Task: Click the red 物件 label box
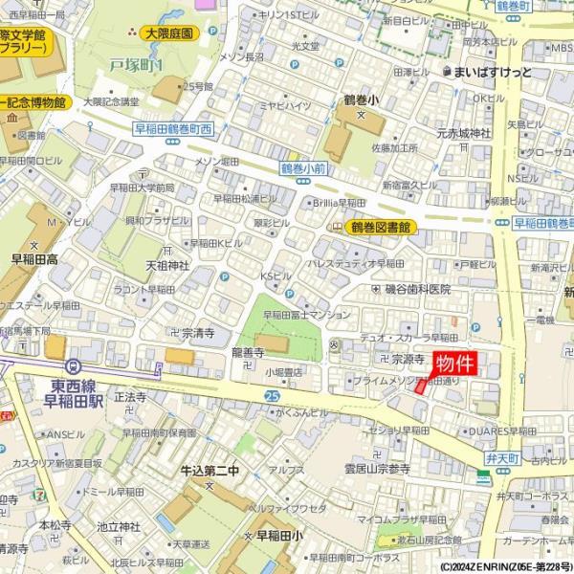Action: coord(454,364)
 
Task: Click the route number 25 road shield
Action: coord(273,394)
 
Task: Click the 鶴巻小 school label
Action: coord(361,99)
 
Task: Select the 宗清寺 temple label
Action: coord(197,333)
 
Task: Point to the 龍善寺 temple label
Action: coord(247,353)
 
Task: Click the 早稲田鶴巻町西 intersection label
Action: coord(172,128)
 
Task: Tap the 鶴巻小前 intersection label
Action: coord(304,167)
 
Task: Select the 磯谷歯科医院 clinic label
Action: coord(417,289)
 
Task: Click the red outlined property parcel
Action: coord(418,388)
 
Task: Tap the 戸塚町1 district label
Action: coord(136,65)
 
